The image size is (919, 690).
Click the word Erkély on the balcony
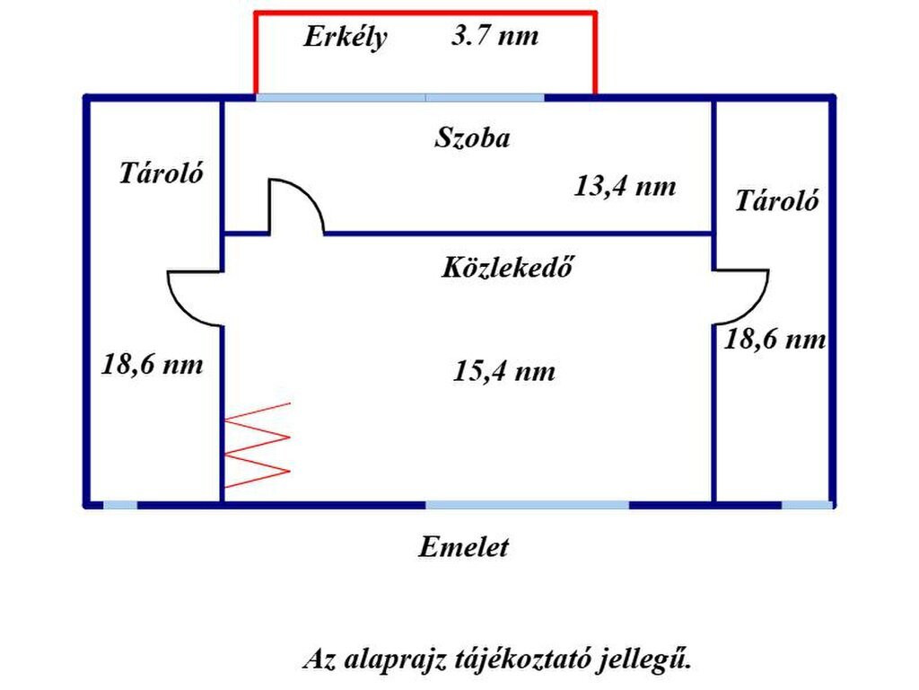(346, 38)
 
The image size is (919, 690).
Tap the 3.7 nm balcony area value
(495, 35)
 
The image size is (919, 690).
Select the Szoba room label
(472, 137)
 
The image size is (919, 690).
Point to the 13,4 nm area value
(625, 186)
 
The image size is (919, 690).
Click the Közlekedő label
(506, 267)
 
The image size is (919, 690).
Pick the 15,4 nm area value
(504, 371)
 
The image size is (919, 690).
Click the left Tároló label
(162, 173)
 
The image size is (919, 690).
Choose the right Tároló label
(776, 200)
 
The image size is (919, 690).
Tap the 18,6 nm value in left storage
(153, 365)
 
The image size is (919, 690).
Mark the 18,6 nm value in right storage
(775, 339)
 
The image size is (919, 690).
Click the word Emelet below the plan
(463, 547)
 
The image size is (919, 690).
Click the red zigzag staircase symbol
(258, 446)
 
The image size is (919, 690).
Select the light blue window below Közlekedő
(527, 505)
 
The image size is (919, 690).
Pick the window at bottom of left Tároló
(120, 505)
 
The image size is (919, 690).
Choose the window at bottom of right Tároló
(807, 505)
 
